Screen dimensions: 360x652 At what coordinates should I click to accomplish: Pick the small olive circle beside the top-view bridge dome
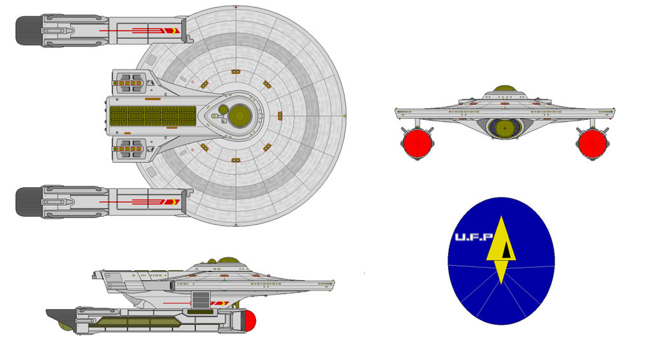click(x=223, y=109)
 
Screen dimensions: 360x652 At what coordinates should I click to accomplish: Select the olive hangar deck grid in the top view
click(x=153, y=115)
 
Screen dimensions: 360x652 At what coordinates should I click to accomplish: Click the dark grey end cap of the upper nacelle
click(x=29, y=31)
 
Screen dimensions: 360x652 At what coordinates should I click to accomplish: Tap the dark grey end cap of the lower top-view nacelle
click(x=29, y=201)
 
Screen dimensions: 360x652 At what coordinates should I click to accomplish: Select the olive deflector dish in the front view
click(x=502, y=127)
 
